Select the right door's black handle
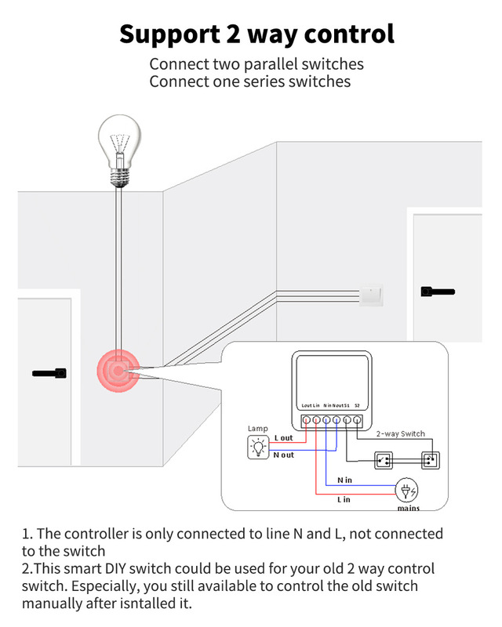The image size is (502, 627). [x=437, y=292]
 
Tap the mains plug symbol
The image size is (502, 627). [x=407, y=491]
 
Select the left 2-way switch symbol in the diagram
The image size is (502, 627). [x=384, y=459]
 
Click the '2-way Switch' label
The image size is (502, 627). [x=400, y=433]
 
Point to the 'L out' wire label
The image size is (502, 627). [x=283, y=438]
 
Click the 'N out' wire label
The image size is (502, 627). [x=283, y=455]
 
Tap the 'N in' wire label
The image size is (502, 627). [x=345, y=479]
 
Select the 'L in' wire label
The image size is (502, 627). [x=344, y=499]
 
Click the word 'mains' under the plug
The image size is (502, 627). [x=408, y=508]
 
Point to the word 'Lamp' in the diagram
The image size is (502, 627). [x=257, y=429]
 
